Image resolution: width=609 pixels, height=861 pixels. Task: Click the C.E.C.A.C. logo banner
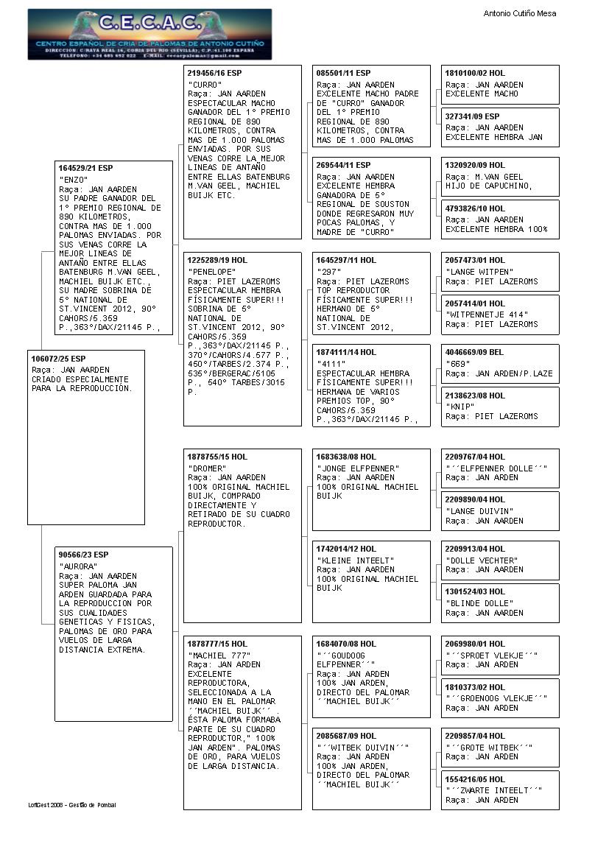tap(149, 34)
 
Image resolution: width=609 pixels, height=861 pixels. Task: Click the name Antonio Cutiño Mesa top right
tap(519, 13)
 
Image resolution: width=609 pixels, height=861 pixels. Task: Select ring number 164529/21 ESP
tap(85, 169)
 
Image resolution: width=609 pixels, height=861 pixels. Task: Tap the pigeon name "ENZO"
tap(74, 180)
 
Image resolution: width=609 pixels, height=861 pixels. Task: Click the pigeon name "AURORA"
tap(78, 566)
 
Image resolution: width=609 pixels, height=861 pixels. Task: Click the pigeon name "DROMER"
tap(207, 468)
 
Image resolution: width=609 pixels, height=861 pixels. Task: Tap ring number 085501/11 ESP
tap(343, 73)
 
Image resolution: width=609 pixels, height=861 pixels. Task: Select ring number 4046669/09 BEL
tap(475, 352)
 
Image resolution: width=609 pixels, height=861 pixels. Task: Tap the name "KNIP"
tap(462, 407)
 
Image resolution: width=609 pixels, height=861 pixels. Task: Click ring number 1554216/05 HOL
tap(475, 779)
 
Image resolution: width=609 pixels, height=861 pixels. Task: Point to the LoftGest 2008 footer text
tap(72, 805)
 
